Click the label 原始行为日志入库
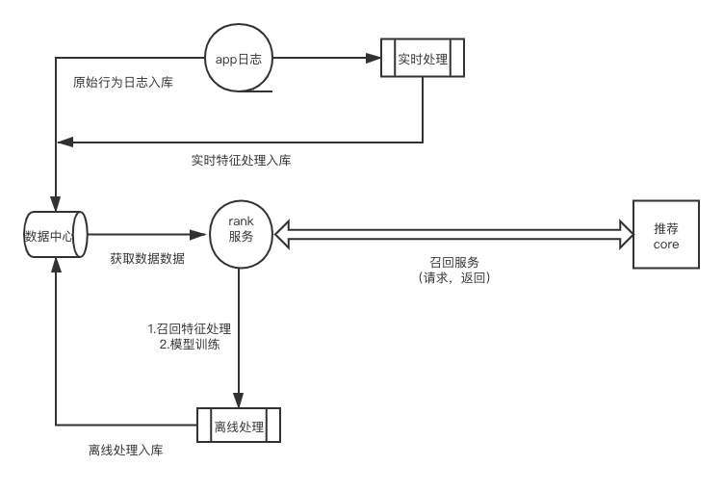(123, 83)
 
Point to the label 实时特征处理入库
(241, 161)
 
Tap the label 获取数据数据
(147, 258)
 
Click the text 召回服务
(454, 263)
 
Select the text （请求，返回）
(454, 277)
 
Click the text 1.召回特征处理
(190, 328)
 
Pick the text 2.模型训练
(190, 345)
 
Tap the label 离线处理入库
(126, 450)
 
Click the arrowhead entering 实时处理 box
(374, 58)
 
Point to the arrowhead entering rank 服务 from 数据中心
(198, 234)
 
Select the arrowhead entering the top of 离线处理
(239, 400)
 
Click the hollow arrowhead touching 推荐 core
(627, 234)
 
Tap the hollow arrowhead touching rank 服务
(282, 234)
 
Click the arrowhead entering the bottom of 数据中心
(56, 265)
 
